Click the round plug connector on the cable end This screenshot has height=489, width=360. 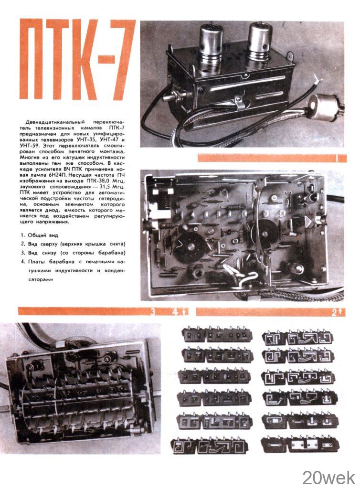pyautogui.click(x=323, y=106)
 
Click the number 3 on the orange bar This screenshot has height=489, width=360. pyautogui.click(x=153, y=312)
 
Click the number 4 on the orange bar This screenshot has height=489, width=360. pyautogui.click(x=175, y=312)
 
